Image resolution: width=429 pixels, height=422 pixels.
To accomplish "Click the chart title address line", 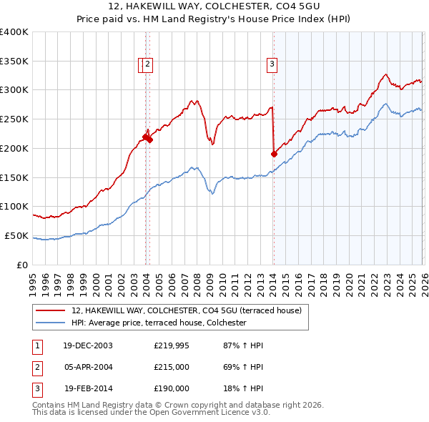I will (x=214, y=6).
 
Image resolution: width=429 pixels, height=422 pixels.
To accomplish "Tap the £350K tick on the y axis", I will (x=14, y=61).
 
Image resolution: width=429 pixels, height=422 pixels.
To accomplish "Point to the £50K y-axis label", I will (x=16, y=235).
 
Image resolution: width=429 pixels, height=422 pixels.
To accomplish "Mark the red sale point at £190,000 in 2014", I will (x=274, y=153).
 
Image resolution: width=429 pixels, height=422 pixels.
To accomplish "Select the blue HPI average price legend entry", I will (x=158, y=323).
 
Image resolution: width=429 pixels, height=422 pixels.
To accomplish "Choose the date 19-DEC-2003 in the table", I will (x=87, y=345).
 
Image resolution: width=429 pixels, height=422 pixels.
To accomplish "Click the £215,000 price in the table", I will (x=172, y=367).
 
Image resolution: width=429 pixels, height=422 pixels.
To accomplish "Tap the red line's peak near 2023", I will (x=385, y=74).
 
